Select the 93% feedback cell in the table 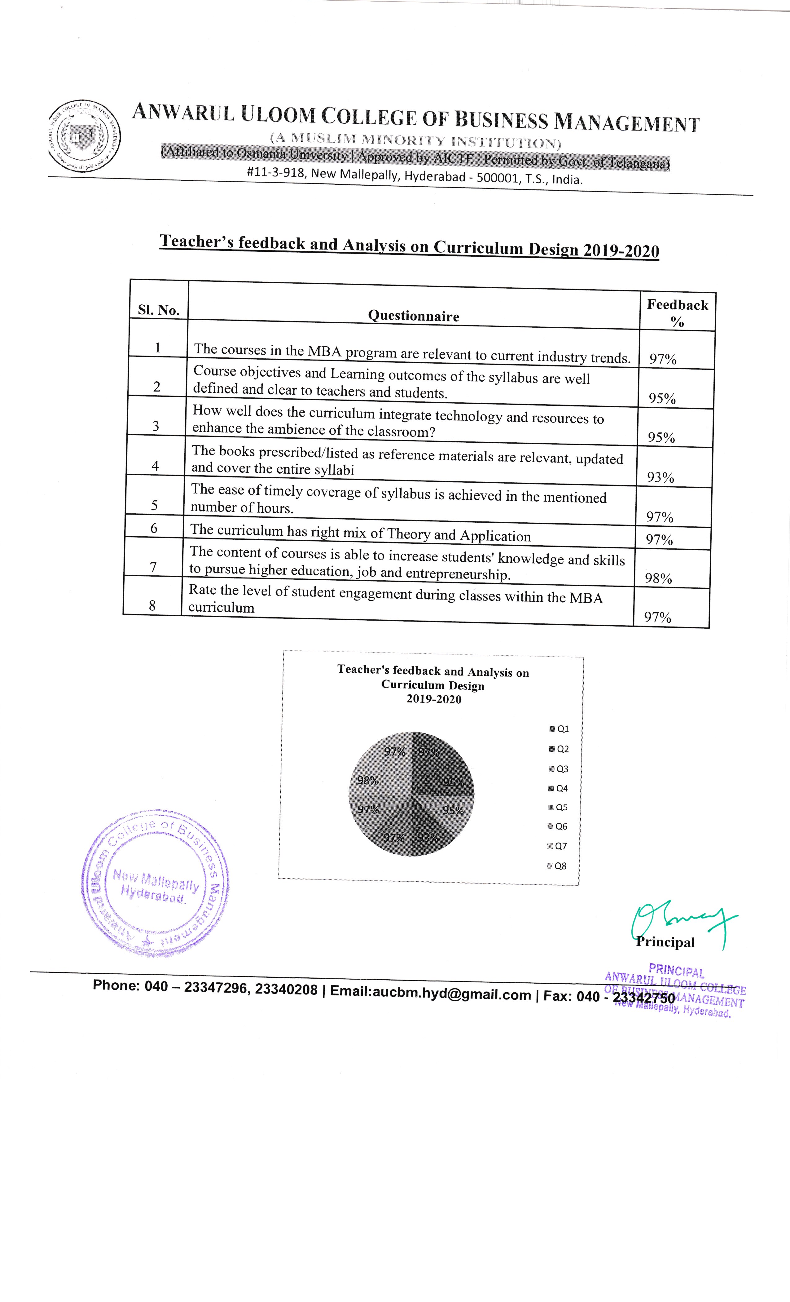point(661,477)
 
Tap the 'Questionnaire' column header point(414,316)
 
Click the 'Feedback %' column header point(678,312)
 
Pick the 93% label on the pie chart point(428,837)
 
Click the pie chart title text point(433,684)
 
